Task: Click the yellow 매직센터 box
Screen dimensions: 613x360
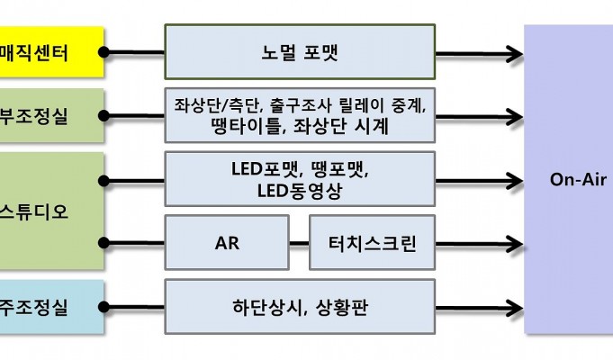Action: (51, 52)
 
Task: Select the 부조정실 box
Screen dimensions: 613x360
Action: (51, 116)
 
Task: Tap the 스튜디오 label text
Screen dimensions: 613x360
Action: (34, 211)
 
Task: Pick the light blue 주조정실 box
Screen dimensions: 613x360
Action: (51, 307)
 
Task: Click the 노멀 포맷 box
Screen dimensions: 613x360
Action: (300, 52)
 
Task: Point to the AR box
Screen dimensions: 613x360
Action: (227, 243)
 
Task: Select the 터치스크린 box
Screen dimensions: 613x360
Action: (372, 243)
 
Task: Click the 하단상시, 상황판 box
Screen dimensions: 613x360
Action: (300, 307)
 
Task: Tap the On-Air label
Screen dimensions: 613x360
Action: (578, 179)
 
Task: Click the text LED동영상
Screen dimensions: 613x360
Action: (300, 191)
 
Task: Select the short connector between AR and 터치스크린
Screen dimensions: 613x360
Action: (300, 243)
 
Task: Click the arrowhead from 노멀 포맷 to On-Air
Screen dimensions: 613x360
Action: (515, 54)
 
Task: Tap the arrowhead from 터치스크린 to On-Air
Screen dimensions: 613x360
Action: (515, 244)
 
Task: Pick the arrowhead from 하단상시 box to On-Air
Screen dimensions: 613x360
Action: (515, 308)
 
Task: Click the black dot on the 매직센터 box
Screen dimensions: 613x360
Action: (104, 52)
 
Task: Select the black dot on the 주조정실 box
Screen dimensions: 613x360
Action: (104, 307)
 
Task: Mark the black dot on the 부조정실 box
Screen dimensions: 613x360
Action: (104, 116)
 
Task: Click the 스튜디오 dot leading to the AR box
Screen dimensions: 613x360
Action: (104, 243)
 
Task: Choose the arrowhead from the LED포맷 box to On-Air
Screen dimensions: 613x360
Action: (515, 181)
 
